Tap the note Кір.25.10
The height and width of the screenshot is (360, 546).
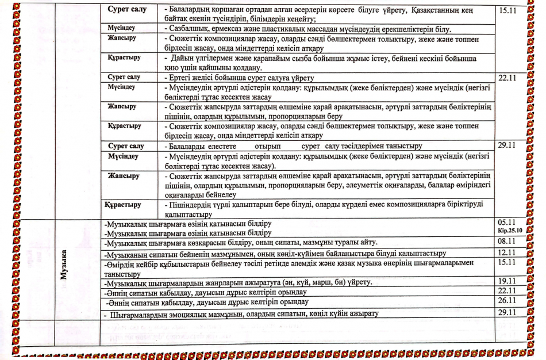pyautogui.click(x=509, y=231)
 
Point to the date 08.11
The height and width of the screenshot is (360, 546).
pyautogui.click(x=507, y=242)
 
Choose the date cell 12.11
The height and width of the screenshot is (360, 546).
pyautogui.click(x=507, y=252)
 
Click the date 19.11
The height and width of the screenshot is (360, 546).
pyautogui.click(x=507, y=282)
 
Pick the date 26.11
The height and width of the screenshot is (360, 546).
pyautogui.click(x=507, y=301)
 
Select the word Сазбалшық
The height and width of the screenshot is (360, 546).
pyautogui.click(x=190, y=28)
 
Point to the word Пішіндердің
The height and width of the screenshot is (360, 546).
pyautogui.click(x=195, y=205)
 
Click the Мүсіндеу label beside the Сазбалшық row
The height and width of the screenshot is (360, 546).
pyautogui.click(x=121, y=28)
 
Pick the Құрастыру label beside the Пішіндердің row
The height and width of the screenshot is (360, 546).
pyautogui.click(x=124, y=205)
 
